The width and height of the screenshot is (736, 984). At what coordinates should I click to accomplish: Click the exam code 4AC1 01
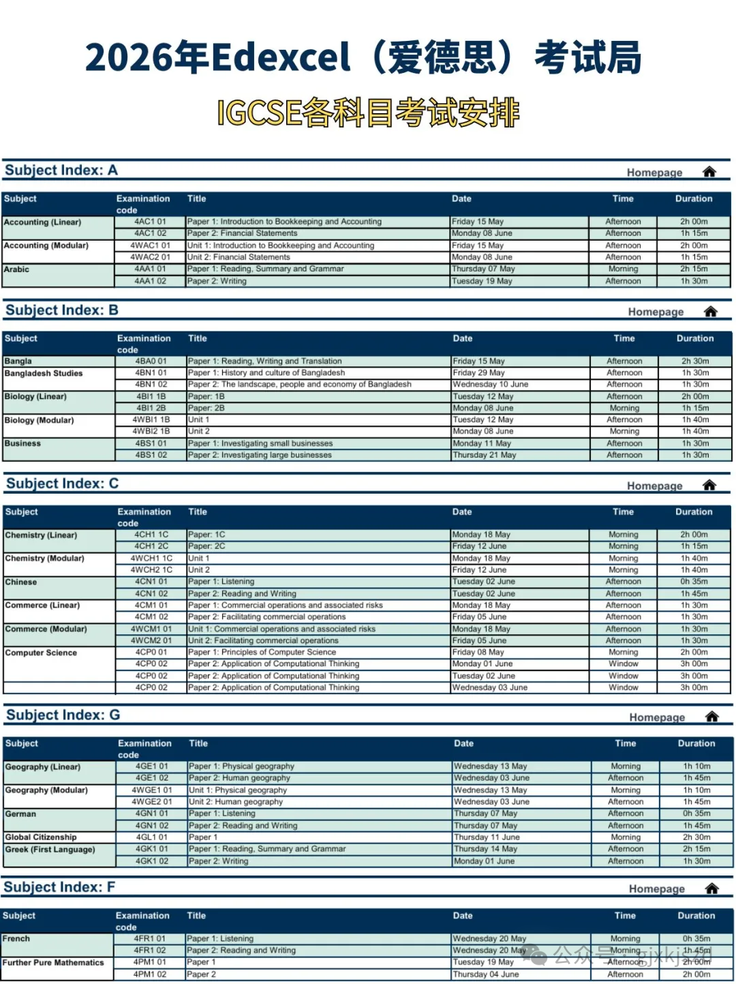[150, 222]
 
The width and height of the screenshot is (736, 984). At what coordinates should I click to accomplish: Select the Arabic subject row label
[17, 269]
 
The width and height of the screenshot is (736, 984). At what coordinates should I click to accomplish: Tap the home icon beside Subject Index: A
[709, 172]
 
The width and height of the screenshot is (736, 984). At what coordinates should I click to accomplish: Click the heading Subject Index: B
[62, 310]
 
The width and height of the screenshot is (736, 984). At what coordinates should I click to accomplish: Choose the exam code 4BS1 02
[151, 455]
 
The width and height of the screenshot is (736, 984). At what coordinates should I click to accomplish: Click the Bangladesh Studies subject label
[44, 374]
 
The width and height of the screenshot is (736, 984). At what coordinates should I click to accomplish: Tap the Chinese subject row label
[21, 582]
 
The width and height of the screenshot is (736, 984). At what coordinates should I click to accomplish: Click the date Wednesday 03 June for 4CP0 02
[490, 687]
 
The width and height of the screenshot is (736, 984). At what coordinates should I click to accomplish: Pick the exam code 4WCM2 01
[151, 640]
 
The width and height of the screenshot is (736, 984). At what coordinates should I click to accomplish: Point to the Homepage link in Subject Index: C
[654, 486]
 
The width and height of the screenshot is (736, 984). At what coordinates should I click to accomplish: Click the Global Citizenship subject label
[41, 837]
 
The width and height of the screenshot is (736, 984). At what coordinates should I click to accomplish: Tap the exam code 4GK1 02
[151, 861]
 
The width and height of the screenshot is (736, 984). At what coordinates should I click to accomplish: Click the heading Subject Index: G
[63, 715]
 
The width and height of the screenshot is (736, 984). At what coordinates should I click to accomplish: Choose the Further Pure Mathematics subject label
[53, 963]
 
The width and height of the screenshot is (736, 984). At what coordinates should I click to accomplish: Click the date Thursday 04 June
[486, 974]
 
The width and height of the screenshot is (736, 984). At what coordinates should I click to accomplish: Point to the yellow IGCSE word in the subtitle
[259, 113]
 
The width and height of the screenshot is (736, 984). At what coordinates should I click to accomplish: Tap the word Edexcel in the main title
[281, 58]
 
